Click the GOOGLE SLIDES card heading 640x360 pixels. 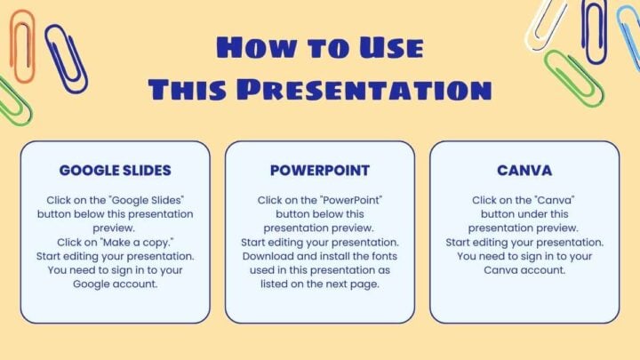[x=115, y=170]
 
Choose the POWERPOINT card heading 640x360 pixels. [x=319, y=170]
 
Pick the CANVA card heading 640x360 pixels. [x=524, y=170]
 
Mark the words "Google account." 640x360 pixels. [x=115, y=284]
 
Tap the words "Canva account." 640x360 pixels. [x=524, y=269]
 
